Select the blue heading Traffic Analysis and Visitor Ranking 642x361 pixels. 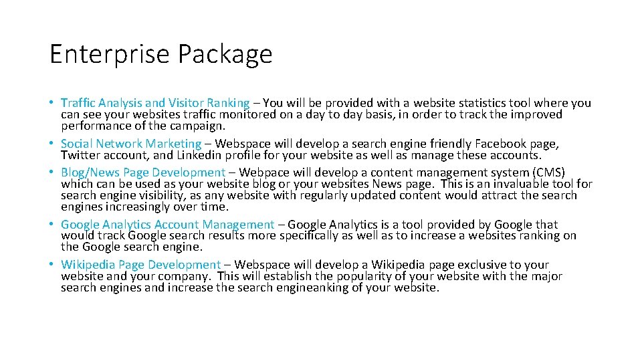click(x=154, y=103)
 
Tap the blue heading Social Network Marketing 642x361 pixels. click(x=131, y=144)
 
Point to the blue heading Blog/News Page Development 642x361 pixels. click(x=143, y=172)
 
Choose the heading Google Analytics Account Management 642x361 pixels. click(x=167, y=225)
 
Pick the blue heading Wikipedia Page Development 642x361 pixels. click(x=140, y=265)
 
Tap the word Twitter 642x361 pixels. click(x=80, y=154)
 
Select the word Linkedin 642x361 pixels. click(x=196, y=154)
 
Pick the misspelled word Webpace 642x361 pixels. click(x=263, y=172)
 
